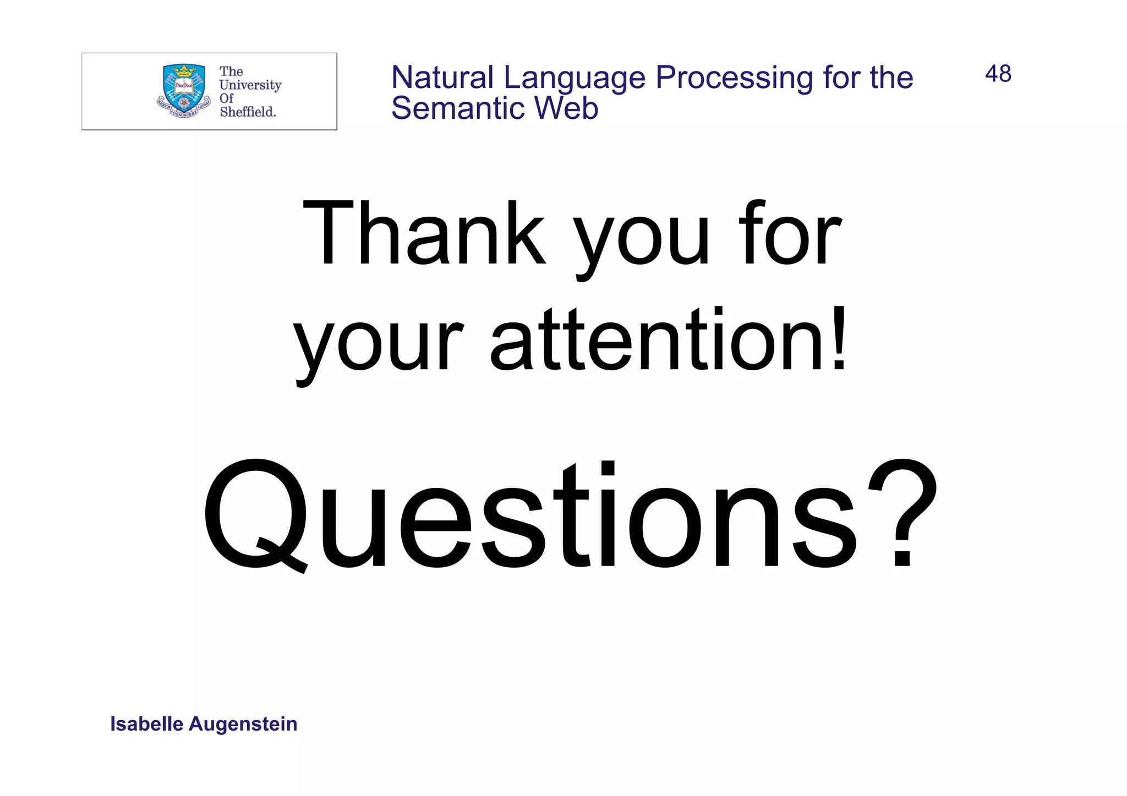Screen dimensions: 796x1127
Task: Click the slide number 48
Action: point(998,74)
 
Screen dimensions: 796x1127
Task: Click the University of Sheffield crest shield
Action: point(184,88)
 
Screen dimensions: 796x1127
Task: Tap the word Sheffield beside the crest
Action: point(248,112)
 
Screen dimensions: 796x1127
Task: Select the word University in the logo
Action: point(250,85)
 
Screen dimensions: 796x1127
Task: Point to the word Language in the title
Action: point(574,78)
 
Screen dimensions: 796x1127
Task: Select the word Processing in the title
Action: point(734,78)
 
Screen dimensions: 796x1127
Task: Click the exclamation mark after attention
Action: point(839,338)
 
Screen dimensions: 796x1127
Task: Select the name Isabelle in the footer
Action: point(146,724)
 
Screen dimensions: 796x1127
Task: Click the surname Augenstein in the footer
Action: point(243,724)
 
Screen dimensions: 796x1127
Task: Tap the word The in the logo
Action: point(231,72)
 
